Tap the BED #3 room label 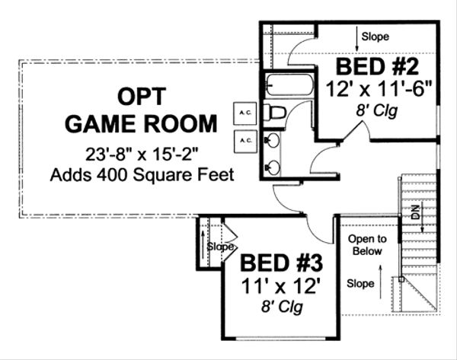click(282, 265)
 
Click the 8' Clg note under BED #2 click(378, 110)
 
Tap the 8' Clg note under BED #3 click(282, 308)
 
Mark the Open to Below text click(368, 246)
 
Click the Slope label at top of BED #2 click(374, 36)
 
